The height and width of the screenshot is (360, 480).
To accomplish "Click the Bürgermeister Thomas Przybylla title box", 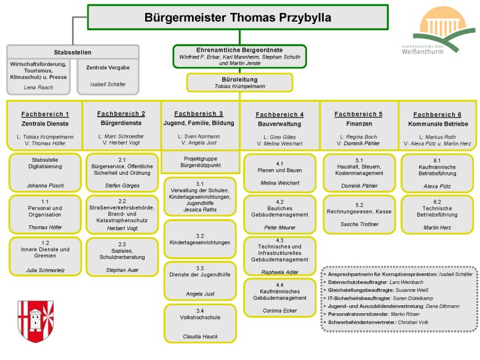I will (238, 17).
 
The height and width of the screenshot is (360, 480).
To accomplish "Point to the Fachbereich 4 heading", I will (279, 114).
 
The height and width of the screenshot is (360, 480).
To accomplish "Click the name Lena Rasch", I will (38, 87).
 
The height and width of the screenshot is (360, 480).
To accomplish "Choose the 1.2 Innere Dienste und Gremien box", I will (45, 257).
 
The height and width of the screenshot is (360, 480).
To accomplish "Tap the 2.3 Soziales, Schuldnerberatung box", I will (122, 257).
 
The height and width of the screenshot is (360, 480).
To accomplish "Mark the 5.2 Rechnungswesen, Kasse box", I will (359, 213).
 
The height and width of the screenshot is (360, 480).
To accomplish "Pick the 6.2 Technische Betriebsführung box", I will (438, 213).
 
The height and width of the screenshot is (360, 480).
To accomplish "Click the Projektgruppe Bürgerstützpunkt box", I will (199, 163).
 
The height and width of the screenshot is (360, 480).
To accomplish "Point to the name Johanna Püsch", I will (45, 185).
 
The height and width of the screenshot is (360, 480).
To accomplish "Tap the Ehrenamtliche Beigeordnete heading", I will (239, 49).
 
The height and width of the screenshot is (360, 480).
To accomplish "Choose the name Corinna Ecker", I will (279, 311).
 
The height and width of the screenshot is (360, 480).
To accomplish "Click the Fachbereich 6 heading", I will (437, 114).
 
